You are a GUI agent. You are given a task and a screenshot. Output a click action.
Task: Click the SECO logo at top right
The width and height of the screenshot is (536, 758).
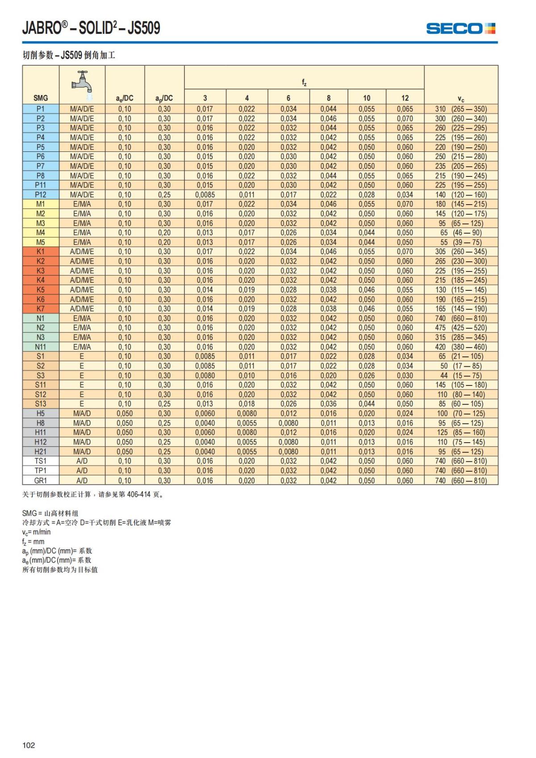pyautogui.click(x=461, y=29)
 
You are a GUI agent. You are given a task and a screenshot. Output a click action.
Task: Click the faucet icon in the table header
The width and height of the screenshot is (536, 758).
pyautogui.click(x=82, y=84)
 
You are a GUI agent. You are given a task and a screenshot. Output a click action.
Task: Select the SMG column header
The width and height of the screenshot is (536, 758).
pyautogui.click(x=41, y=98)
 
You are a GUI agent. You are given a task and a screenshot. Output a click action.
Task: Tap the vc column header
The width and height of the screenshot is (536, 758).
pyautogui.click(x=461, y=98)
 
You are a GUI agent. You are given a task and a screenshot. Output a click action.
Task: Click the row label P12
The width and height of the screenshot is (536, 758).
pyautogui.click(x=41, y=195)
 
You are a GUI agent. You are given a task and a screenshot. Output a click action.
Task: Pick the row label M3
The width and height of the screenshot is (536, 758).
pyautogui.click(x=41, y=223)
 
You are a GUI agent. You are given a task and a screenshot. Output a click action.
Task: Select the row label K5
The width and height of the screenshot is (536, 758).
pyautogui.click(x=41, y=289)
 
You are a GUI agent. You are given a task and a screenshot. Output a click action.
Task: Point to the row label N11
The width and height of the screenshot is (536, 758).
pyautogui.click(x=41, y=347)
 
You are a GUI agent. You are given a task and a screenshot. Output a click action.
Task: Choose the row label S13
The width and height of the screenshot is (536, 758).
pyautogui.click(x=41, y=404)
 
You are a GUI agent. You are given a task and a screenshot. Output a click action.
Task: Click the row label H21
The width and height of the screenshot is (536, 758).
pyautogui.click(x=41, y=452)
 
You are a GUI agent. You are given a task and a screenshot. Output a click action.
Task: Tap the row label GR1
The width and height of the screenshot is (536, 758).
pyautogui.click(x=41, y=481)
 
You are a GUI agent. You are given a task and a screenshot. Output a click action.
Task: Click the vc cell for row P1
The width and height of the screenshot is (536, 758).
pyautogui.click(x=461, y=109)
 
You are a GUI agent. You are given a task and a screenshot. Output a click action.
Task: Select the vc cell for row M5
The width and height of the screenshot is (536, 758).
pyautogui.click(x=461, y=242)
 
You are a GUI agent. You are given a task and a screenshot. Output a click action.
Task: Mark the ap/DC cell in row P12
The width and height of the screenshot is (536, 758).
pyautogui.click(x=164, y=195)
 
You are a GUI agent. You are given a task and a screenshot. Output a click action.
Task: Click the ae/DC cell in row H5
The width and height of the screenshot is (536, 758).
pyautogui.click(x=125, y=414)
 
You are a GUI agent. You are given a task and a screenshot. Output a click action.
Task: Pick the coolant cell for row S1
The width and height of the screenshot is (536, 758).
pyautogui.click(x=82, y=356)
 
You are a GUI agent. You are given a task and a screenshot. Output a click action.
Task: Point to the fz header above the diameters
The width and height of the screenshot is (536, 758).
pyautogui.click(x=304, y=83)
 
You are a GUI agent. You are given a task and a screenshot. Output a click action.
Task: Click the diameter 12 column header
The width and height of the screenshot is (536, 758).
pyautogui.click(x=405, y=98)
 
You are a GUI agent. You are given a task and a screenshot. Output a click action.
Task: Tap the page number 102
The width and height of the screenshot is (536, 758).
pyautogui.click(x=29, y=745)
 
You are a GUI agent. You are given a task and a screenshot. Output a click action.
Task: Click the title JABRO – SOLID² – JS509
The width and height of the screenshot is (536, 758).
pyautogui.click(x=91, y=28)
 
